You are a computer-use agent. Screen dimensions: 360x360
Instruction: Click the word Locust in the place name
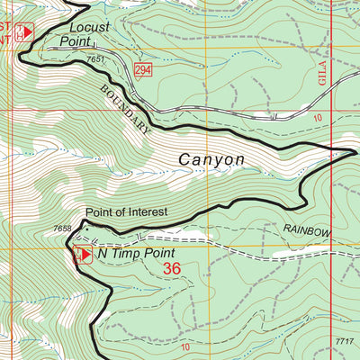pyautogui.click(x=88, y=27)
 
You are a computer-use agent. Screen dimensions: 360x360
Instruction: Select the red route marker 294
pyautogui.click(x=144, y=69)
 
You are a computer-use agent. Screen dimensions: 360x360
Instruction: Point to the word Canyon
pyautogui.click(x=211, y=159)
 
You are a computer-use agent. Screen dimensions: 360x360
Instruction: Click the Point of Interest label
pyautogui.click(x=126, y=213)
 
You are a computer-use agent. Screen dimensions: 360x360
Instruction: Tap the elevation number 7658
pyautogui.click(x=62, y=229)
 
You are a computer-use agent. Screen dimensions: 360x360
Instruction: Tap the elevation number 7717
pyautogui.click(x=344, y=341)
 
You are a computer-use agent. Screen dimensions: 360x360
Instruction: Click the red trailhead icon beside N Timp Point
pyautogui.click(x=82, y=254)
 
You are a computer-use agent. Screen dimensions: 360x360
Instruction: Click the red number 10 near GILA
pyautogui.click(x=317, y=118)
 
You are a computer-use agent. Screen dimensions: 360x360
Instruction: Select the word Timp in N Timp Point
pyautogui.click(x=129, y=254)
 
